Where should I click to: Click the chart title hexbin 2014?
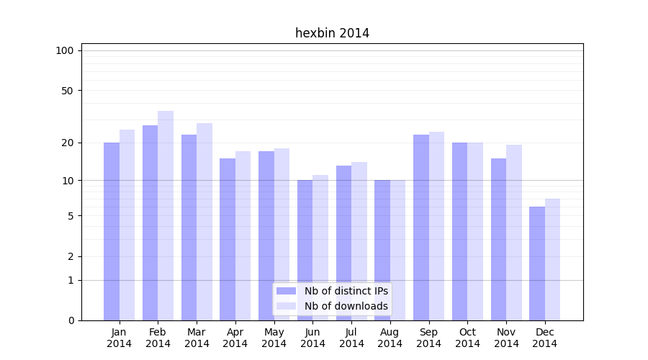point(332,33)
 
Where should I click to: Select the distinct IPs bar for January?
point(112,230)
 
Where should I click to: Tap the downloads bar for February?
point(166,216)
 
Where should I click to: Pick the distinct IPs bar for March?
point(189,227)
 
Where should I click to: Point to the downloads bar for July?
point(359,241)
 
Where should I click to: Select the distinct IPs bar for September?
point(421,227)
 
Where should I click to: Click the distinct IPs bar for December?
point(537,263)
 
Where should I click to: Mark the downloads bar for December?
point(552,259)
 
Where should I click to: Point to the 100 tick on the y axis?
point(65,50)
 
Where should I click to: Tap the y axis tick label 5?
point(71,216)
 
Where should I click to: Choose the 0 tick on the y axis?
point(71,320)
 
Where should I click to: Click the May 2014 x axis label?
point(274,338)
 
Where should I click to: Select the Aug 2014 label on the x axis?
point(390,338)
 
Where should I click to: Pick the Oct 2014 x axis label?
point(467,338)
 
